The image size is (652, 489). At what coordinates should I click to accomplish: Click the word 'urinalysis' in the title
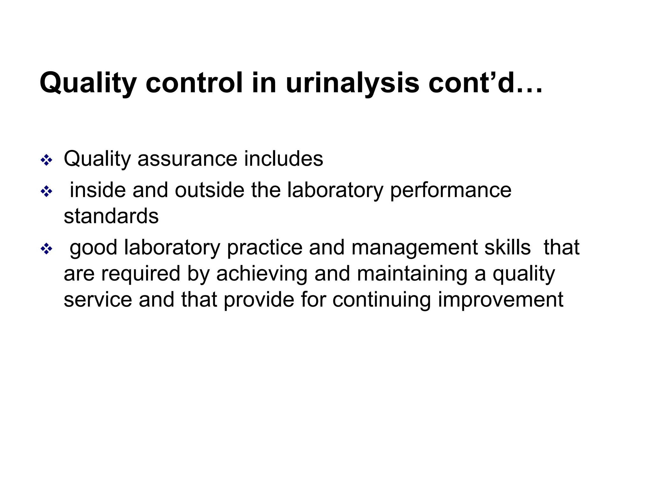pyautogui.click(x=352, y=83)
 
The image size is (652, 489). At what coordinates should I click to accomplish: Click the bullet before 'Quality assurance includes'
pyautogui.click(x=46, y=160)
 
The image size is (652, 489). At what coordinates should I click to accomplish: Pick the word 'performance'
pyautogui.click(x=450, y=190)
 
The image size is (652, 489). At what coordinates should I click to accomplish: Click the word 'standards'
pyautogui.click(x=111, y=216)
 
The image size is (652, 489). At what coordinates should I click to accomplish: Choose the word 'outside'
pyautogui.click(x=209, y=190)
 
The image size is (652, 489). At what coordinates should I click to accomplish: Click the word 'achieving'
pyautogui.click(x=262, y=274)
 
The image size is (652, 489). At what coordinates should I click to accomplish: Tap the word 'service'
pyautogui.click(x=98, y=300)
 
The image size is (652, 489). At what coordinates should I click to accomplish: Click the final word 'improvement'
pyautogui.click(x=500, y=300)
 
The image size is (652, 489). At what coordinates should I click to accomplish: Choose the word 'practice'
pyautogui.click(x=264, y=248)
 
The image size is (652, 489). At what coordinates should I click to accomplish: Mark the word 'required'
pyautogui.click(x=141, y=274)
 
